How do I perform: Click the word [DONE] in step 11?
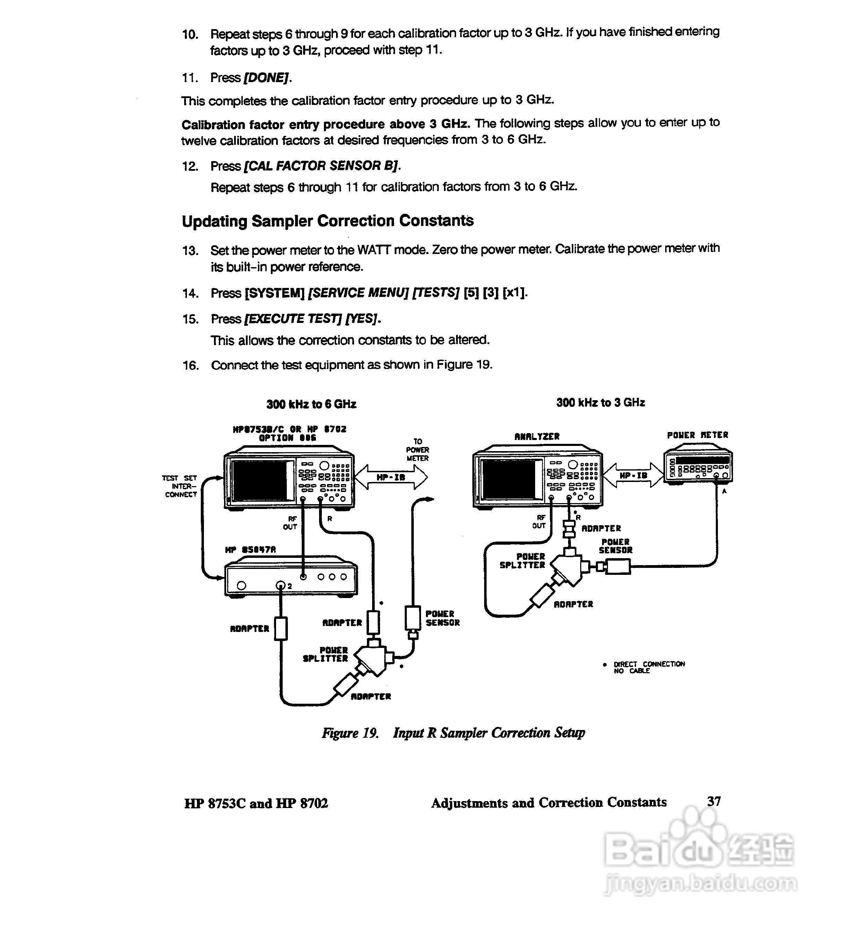click(x=267, y=78)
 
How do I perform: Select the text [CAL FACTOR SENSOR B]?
click(x=321, y=166)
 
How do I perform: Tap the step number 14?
click(x=190, y=293)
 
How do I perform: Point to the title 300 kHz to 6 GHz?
click(x=311, y=404)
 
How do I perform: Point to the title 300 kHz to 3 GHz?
click(x=600, y=403)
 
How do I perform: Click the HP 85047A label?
click(x=250, y=550)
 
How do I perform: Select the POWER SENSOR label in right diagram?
click(x=615, y=546)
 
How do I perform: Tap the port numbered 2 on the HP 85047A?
click(x=281, y=586)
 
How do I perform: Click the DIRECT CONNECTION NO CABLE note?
click(x=649, y=667)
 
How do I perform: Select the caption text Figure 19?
click(x=350, y=733)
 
